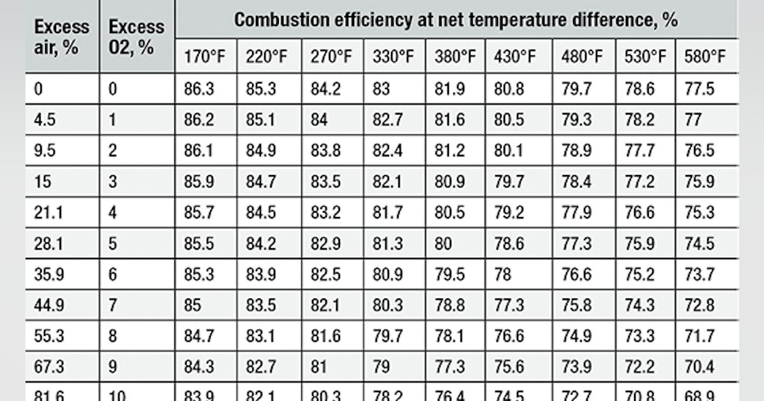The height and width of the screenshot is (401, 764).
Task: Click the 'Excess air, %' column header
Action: click(x=62, y=37)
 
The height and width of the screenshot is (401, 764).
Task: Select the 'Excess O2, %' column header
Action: click(x=136, y=37)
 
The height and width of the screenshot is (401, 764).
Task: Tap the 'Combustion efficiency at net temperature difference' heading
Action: click(x=455, y=20)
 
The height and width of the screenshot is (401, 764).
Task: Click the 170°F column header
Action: click(x=201, y=57)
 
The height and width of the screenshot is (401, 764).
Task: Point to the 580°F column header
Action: click(x=705, y=57)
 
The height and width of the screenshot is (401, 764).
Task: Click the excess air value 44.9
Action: click(x=48, y=305)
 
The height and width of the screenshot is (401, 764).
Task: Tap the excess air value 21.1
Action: click(x=46, y=212)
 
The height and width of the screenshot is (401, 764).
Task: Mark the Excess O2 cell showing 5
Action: click(x=113, y=243)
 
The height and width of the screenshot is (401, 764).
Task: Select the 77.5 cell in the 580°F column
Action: click(x=700, y=88)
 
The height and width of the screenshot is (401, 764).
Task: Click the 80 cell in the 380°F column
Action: click(x=443, y=243)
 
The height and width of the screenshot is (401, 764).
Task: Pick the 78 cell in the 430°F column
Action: click(x=502, y=274)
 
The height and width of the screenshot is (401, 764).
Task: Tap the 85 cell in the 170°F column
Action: click(x=192, y=305)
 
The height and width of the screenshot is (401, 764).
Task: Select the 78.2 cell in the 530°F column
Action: click(x=639, y=119)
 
